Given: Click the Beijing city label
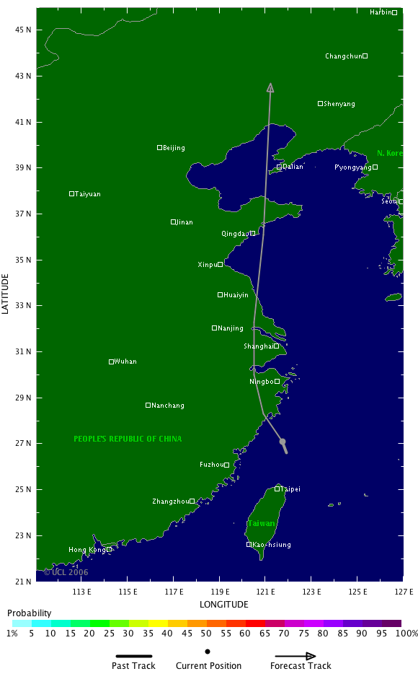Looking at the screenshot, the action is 174,148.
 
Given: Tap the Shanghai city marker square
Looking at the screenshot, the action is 276,346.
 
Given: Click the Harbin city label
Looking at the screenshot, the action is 381,12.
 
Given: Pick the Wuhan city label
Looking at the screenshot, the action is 125,362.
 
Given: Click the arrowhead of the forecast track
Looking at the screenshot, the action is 270,87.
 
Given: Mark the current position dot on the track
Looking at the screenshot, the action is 283,442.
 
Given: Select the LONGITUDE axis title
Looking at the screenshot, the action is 223,604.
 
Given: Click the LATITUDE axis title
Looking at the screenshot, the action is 6,293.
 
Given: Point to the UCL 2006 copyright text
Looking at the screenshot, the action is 66,572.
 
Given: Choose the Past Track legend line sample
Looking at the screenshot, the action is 133,657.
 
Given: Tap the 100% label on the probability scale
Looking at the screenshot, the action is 406,633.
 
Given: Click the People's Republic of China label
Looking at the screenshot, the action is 128,439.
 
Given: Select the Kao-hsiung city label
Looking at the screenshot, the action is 271,545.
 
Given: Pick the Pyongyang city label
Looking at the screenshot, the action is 352,167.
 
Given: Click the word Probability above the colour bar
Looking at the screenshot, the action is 29,613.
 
